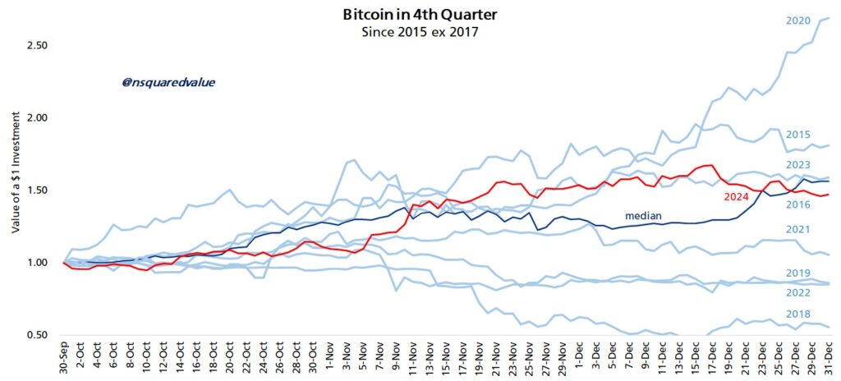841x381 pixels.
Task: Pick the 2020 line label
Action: click(797, 20)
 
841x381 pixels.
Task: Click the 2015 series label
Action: click(797, 135)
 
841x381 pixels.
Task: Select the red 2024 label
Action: click(737, 197)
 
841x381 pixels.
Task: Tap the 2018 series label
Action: click(797, 314)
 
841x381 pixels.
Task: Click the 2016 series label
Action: click(797, 204)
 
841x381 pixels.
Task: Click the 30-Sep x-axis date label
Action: click(65, 362)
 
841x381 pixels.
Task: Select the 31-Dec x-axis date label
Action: click(826, 362)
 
